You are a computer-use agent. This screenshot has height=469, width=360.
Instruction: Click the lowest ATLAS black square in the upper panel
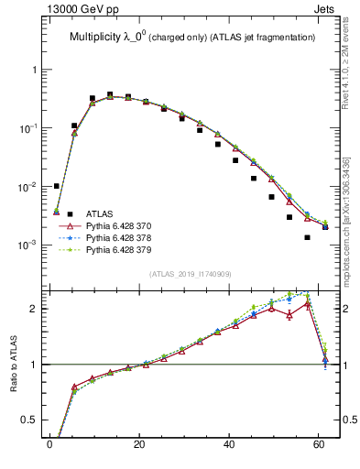[x=308, y=237]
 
